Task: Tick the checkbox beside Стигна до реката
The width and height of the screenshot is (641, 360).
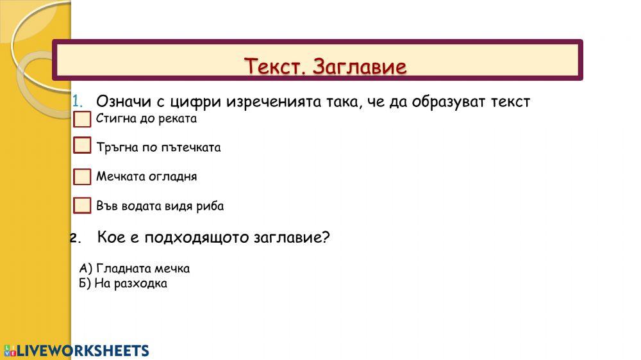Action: point(82,119)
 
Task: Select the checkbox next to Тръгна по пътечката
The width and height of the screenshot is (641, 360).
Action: point(82,145)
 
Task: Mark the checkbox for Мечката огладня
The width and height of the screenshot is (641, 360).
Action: point(82,176)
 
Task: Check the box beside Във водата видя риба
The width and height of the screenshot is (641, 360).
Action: point(82,206)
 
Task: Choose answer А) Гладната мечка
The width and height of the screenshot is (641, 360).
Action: point(135,268)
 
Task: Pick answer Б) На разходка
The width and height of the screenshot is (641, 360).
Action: point(124,283)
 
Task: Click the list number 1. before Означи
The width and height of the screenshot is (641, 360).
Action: point(78,101)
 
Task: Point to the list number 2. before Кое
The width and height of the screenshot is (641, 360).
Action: point(76,238)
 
